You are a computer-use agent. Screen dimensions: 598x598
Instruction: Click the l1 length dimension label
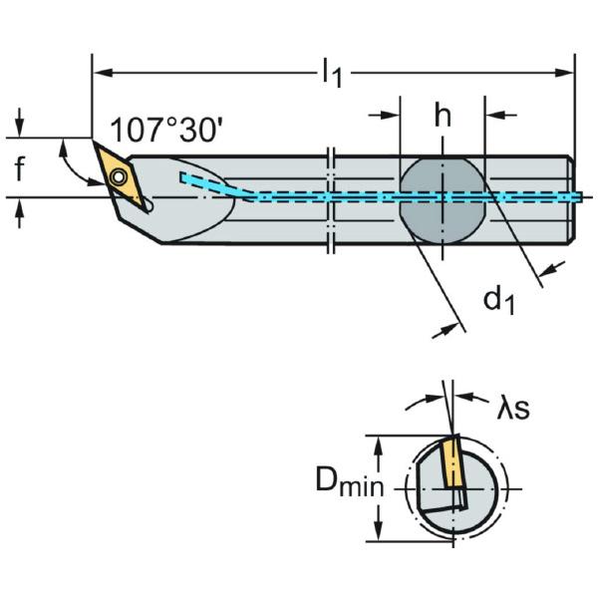click(331, 73)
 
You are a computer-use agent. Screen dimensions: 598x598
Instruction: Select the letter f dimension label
click(20, 170)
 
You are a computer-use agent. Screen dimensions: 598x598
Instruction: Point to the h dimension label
click(442, 117)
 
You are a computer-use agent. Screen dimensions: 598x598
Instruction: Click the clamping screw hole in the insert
click(119, 177)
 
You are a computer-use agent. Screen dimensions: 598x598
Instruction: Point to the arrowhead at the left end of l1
click(99, 72)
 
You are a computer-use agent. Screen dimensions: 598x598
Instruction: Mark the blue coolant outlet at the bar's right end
click(575, 197)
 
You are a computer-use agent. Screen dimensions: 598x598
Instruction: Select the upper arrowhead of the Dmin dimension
click(378, 443)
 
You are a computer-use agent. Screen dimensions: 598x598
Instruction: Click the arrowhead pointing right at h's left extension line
click(391, 117)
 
